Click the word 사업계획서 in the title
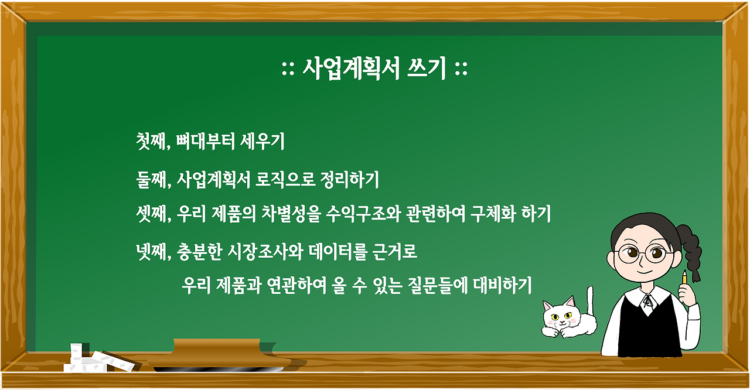[351, 69]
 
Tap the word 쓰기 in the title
[427, 69]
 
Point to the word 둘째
[151, 180]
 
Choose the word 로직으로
[285, 179]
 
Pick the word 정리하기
[350, 180]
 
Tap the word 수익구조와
[363, 214]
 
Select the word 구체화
[493, 214]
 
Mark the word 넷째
[151, 252]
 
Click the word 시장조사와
[265, 252]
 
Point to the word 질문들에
[438, 286]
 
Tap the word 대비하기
[502, 286]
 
